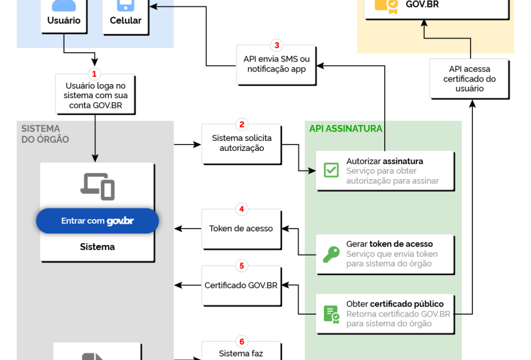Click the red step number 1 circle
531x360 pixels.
[x=93, y=74]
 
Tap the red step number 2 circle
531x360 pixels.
[x=241, y=125]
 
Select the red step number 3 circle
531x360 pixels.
[x=277, y=45]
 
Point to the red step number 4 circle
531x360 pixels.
[x=241, y=209]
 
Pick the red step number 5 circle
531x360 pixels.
[x=241, y=265]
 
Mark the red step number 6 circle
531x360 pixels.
[x=241, y=342]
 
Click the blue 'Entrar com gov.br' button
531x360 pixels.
[x=97, y=221]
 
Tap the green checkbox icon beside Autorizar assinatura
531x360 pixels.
[x=332, y=170]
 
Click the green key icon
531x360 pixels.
[x=332, y=254]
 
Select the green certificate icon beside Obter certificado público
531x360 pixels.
[x=332, y=314]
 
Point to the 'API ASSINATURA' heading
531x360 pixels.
[x=346, y=129]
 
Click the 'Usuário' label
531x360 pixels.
[x=64, y=21]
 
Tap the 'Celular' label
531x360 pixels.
[x=126, y=21]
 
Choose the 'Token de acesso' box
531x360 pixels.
[x=241, y=228]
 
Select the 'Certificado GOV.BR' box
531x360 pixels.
[x=241, y=285]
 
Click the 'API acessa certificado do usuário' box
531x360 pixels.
[x=469, y=79]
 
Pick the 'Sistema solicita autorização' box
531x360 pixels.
[x=241, y=143]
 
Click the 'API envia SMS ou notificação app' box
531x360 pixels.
[x=277, y=64]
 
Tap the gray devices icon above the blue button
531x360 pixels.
[x=97, y=186]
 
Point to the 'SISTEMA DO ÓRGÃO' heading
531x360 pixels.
[x=45, y=134]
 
